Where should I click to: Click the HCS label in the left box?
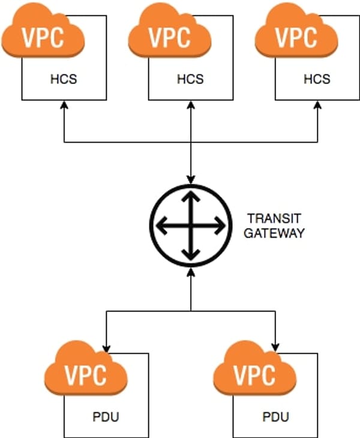pos(64,79)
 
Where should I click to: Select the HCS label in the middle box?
pos(190,79)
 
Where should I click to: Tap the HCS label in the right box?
pos(317,79)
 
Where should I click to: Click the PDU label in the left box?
pos(106,417)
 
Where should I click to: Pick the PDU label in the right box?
pos(275,417)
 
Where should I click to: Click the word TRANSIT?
pos(274,218)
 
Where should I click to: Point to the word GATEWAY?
pos(274,233)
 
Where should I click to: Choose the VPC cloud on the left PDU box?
pos(85,368)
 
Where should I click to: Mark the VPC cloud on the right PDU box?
pos(255,368)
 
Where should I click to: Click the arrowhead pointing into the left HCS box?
pos(64,105)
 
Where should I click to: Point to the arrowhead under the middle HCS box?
pos(191,105)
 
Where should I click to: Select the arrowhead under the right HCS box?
pos(317,105)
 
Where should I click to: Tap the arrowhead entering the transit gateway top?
pos(191,179)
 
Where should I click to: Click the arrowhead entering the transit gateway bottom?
pos(191,272)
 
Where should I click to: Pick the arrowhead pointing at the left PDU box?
pos(106,349)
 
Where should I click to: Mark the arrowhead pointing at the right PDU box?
pos(275,349)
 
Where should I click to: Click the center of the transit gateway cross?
pos(191,226)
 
